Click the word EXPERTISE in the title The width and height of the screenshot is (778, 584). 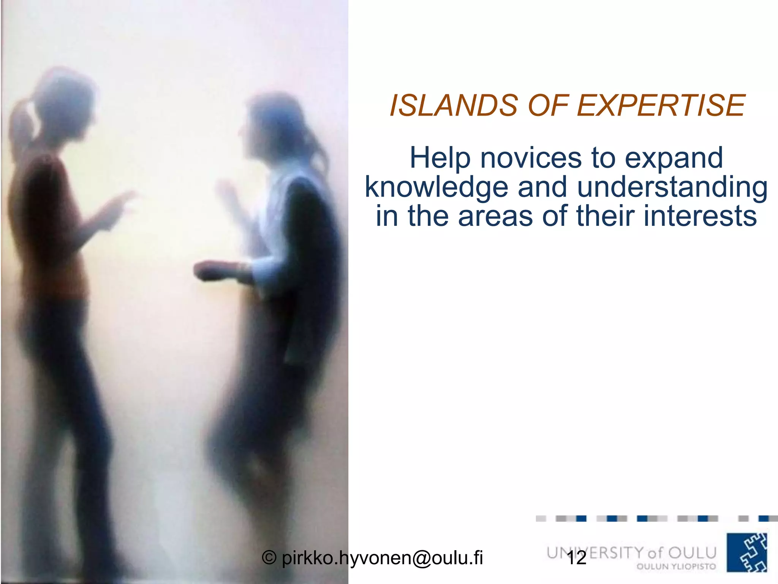coord(661,105)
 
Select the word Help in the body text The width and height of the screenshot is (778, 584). coord(439,158)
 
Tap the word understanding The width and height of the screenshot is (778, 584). coord(672,187)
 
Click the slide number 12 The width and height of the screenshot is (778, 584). coord(576,558)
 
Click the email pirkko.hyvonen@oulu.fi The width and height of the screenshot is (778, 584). coord(382,558)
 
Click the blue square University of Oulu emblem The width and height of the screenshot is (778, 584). coord(747,552)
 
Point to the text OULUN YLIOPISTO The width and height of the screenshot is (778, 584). coord(676,567)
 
